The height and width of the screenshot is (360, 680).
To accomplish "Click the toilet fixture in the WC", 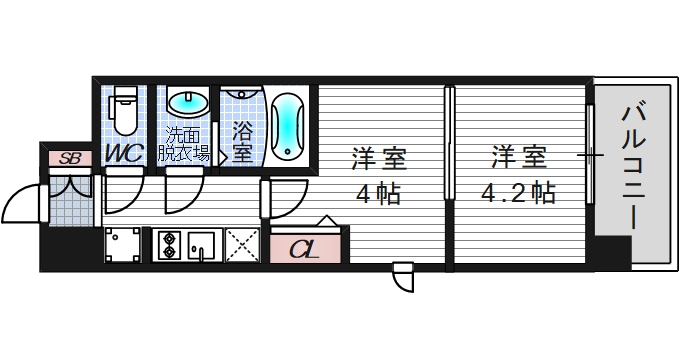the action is [x=125, y=111].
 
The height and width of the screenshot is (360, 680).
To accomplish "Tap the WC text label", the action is [x=126, y=154].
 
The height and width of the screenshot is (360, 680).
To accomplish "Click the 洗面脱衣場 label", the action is [x=187, y=146].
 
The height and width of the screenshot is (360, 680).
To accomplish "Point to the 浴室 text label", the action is [x=242, y=141].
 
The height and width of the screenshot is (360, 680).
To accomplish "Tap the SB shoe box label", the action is [x=69, y=157].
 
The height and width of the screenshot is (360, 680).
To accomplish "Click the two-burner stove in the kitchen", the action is [x=168, y=244].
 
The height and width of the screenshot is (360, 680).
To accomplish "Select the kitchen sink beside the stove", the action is [x=201, y=244].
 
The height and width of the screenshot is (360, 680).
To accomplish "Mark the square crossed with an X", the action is [x=241, y=244].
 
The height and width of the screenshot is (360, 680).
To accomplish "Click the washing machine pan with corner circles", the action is [x=124, y=244].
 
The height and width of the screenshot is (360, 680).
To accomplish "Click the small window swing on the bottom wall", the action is [x=403, y=276].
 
